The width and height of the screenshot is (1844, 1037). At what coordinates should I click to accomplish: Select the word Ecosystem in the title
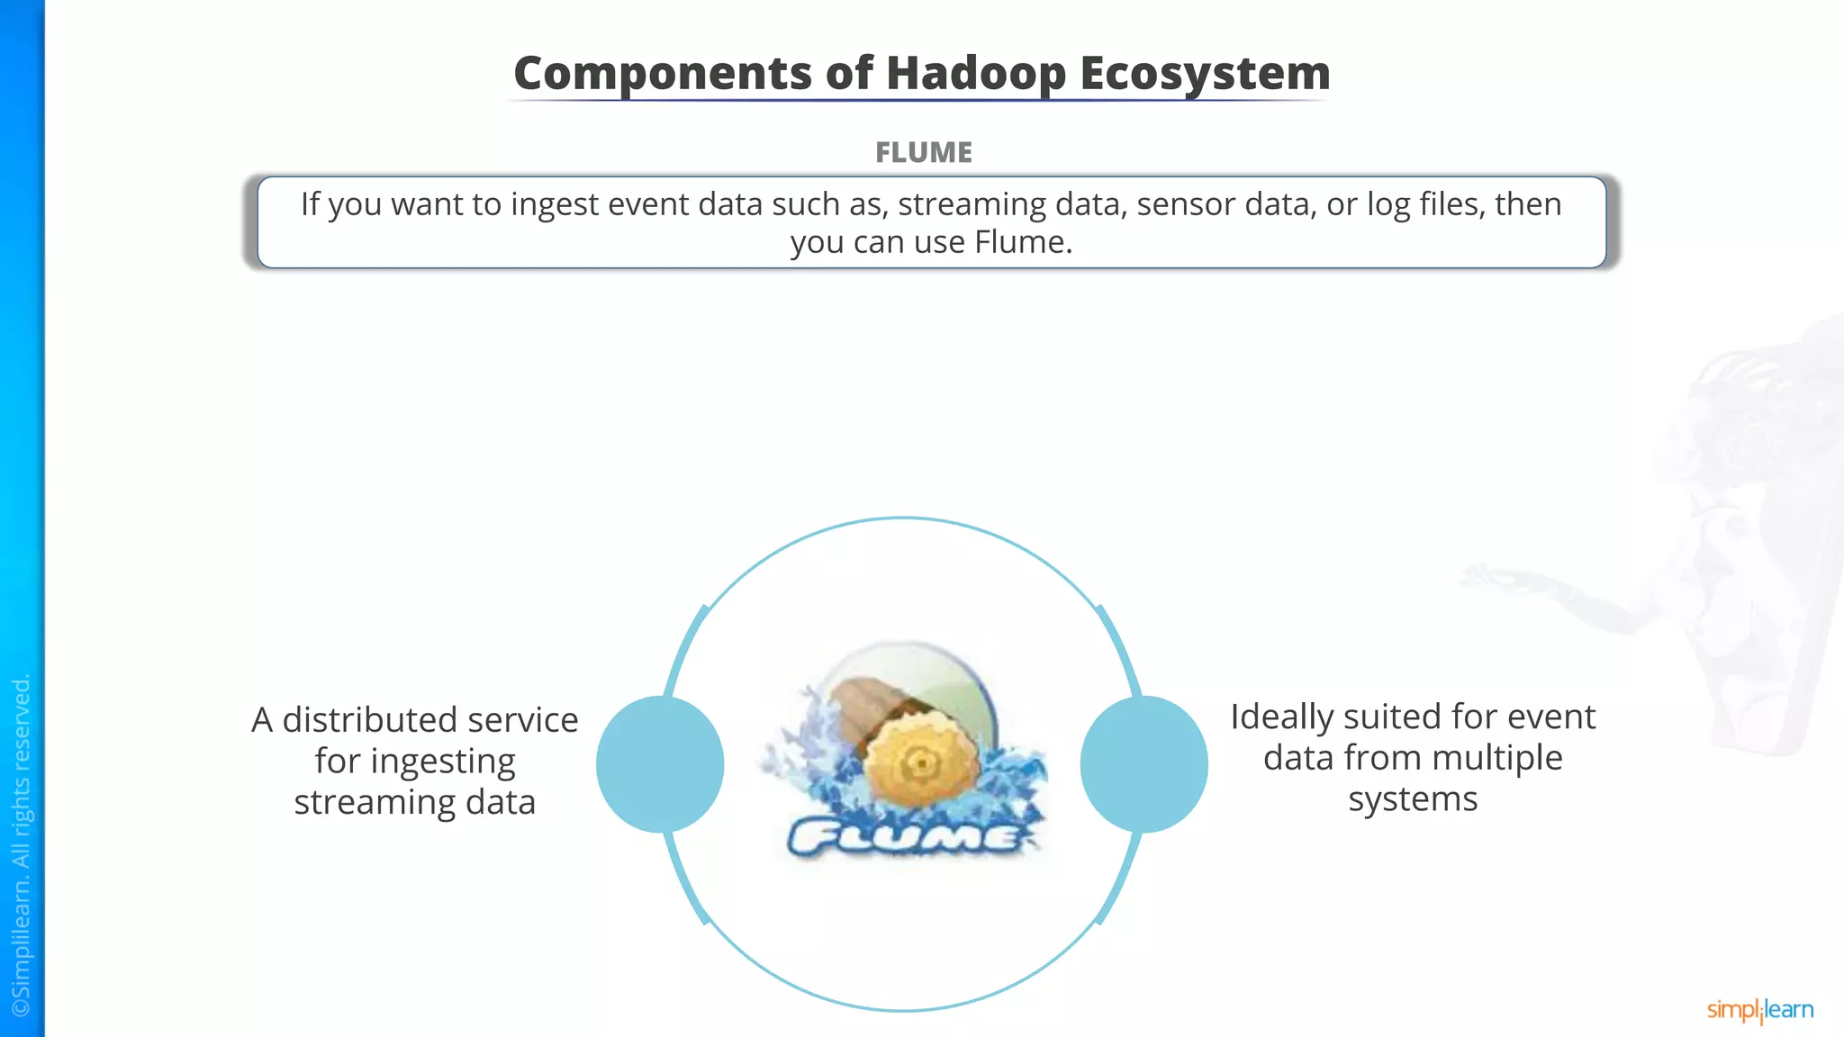click(x=1205, y=74)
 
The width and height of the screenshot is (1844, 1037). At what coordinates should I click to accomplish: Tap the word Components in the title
click(x=663, y=74)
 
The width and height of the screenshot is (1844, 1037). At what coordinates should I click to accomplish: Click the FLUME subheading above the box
click(x=924, y=152)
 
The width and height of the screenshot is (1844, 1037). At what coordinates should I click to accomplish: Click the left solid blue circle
click(x=660, y=763)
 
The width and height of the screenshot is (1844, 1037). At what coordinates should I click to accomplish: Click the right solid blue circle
click(x=1143, y=763)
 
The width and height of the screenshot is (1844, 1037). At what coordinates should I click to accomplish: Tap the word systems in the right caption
click(x=1413, y=799)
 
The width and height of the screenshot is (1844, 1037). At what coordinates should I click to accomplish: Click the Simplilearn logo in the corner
click(x=1759, y=1010)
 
